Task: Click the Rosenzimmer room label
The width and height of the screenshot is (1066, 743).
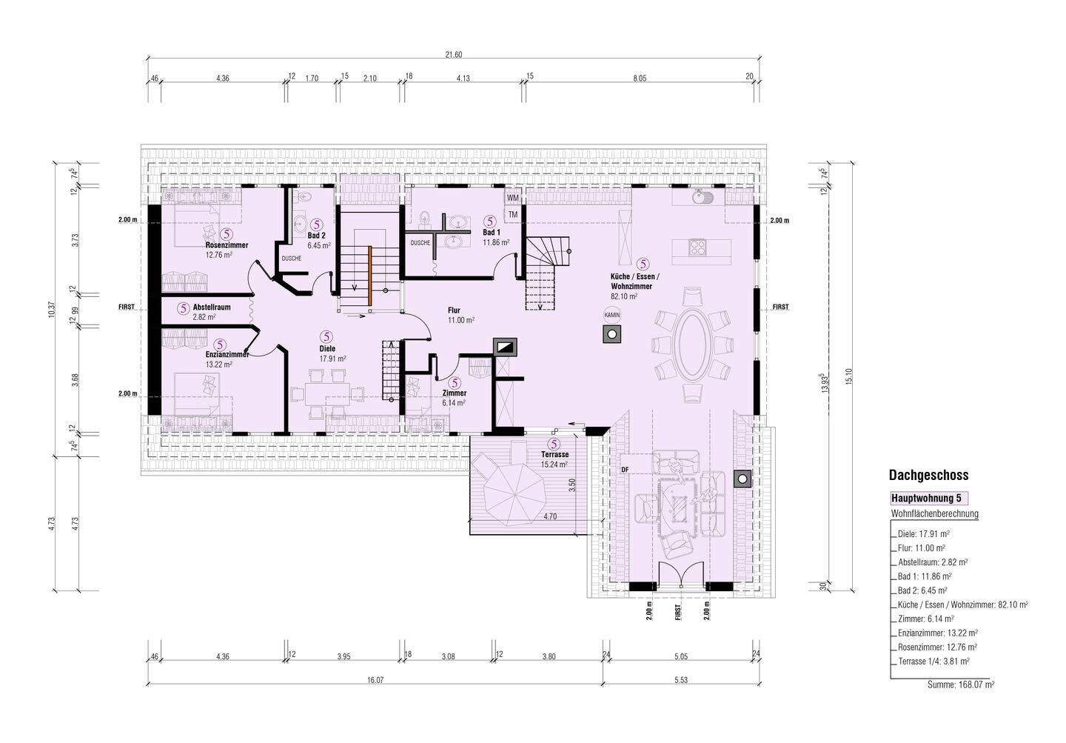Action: coord(227,245)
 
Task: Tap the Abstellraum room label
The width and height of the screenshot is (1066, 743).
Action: coord(212,307)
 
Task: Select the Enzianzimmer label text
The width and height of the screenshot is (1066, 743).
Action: coord(227,355)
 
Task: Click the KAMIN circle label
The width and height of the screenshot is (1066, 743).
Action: coord(612,315)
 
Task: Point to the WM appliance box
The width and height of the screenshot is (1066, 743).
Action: coord(512,197)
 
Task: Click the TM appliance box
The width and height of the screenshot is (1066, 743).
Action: coord(512,215)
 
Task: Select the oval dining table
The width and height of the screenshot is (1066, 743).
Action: coord(693,344)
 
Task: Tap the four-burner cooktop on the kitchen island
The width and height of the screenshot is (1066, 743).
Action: coord(697,247)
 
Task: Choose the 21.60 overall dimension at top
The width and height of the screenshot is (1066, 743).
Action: coord(454,55)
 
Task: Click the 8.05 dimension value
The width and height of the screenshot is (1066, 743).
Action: coord(640,79)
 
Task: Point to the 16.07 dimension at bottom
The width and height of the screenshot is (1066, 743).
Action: coord(375,680)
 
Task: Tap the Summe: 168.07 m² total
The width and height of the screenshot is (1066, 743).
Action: coord(961,685)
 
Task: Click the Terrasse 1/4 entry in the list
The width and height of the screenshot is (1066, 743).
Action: coord(933,661)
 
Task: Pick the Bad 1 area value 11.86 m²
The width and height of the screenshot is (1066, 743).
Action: coord(496,242)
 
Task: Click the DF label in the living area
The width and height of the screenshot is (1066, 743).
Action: coord(625,470)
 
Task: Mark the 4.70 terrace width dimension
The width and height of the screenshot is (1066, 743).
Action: coord(549,516)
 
